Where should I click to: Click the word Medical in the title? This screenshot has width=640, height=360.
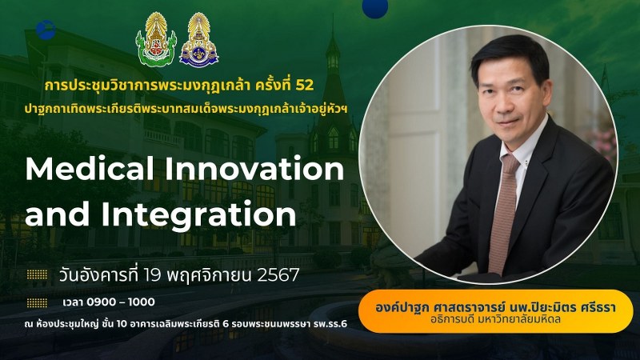90,169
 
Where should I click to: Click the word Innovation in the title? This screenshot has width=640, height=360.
254,169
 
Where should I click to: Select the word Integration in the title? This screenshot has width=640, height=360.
198,214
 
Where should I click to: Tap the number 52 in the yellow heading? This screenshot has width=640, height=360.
305,85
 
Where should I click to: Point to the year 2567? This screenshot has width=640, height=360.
278,275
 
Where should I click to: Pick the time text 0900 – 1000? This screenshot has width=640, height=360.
121,302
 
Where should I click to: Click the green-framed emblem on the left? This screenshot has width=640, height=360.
156,39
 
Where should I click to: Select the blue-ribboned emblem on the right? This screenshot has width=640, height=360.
198,40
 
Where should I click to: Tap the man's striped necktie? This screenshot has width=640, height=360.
504,212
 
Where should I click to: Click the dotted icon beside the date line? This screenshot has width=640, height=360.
37,274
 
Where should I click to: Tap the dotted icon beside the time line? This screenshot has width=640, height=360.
37,302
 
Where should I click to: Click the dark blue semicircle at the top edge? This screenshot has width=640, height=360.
374,7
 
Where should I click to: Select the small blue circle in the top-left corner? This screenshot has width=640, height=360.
46,30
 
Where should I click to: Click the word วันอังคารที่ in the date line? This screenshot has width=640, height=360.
98,275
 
